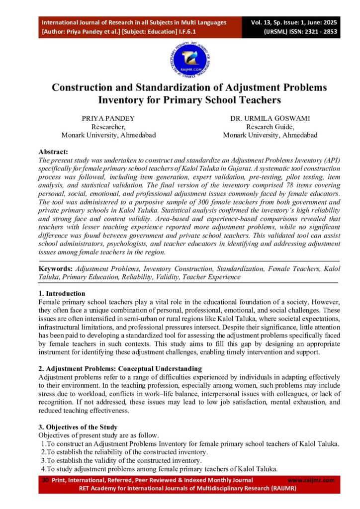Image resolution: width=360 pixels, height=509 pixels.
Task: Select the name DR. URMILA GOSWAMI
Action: [x=270, y=118]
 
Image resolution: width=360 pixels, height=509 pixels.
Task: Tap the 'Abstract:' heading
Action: [x=53, y=152]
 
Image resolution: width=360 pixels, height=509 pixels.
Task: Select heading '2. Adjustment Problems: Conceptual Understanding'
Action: [x=120, y=369]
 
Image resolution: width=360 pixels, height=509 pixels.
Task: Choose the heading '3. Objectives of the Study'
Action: [x=78, y=427]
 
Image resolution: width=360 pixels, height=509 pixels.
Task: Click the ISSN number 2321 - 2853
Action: [x=318, y=31]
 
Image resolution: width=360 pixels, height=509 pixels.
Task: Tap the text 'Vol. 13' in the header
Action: [x=263, y=22]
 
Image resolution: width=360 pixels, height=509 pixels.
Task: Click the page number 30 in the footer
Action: [x=45, y=480]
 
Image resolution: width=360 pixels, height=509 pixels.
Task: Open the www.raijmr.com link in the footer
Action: [x=311, y=480]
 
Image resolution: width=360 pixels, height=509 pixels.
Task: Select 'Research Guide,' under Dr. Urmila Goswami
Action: [x=270, y=127]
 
